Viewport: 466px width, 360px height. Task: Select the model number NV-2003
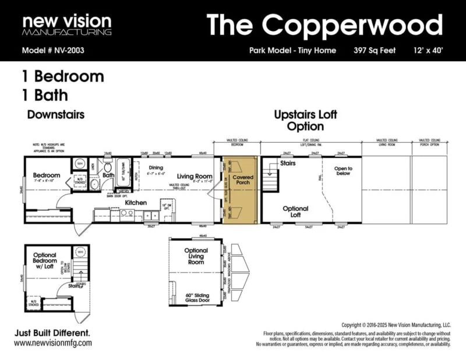53,50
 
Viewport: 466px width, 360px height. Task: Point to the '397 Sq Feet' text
375,50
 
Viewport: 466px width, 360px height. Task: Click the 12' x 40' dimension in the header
429,50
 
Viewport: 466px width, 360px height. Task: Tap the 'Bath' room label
108,174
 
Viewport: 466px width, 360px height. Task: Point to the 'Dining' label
156,167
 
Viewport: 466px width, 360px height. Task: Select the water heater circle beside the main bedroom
81,164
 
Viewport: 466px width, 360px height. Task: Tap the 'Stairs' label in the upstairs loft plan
288,164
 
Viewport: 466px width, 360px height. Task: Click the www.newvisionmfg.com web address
53,343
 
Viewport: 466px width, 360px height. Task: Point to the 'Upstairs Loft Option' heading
306,120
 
